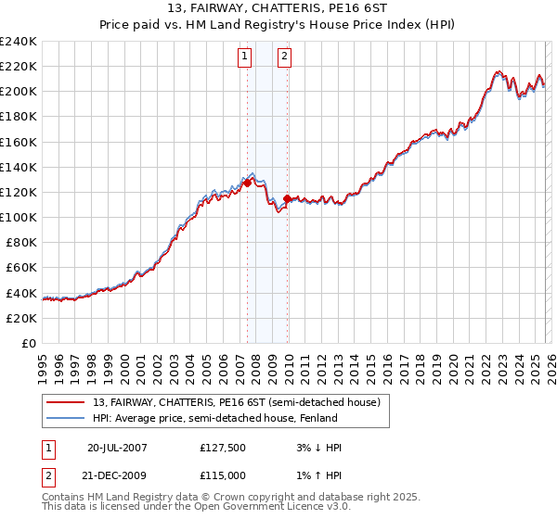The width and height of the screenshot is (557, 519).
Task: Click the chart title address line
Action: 278,8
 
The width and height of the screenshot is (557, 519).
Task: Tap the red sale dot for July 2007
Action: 248,184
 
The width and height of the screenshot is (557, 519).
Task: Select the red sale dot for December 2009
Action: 288,198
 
